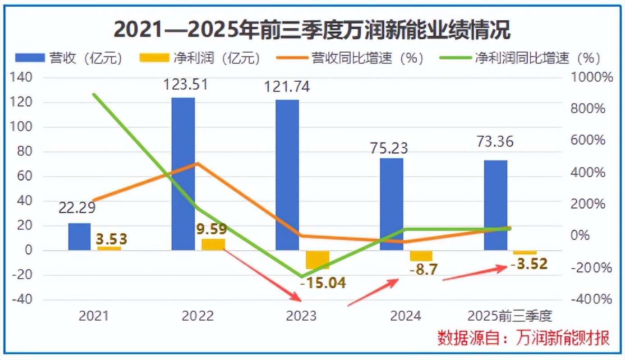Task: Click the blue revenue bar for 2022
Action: tap(183, 174)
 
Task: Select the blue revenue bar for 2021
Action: tap(79, 236)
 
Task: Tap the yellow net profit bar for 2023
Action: tap(317, 259)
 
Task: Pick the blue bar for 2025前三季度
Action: tap(496, 205)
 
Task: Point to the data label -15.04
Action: tap(323, 282)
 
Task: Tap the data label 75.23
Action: tap(388, 148)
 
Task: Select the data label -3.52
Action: tap(529, 263)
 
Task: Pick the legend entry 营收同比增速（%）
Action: tap(349, 58)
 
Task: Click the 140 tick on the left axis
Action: tap(21, 78)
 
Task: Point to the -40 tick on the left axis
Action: tap(21, 300)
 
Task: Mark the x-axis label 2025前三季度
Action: tap(510, 316)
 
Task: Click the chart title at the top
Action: tap(312, 30)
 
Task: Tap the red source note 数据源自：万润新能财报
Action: tap(524, 337)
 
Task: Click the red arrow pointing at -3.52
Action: tap(476, 274)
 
